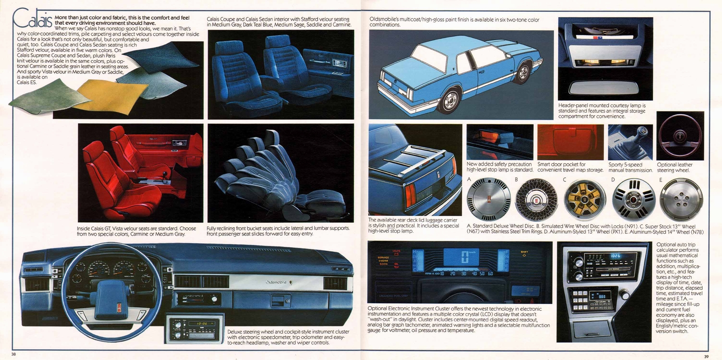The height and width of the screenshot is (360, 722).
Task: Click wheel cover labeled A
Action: pyautogui.click(x=489, y=199)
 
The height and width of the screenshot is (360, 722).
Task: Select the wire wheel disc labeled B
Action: pyautogui.click(x=537, y=199)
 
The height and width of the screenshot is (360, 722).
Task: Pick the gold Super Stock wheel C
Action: pyautogui.click(x=586, y=199)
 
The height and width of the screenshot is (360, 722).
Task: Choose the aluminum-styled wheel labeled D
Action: pyautogui.click(x=634, y=199)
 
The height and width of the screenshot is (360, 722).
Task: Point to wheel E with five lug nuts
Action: pyautogui.click(x=681, y=199)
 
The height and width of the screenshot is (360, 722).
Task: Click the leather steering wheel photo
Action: pyautogui.click(x=680, y=136)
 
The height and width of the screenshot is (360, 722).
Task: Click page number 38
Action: pyautogui.click(x=14, y=354)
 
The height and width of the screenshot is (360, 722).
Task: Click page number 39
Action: pyautogui.click(x=706, y=356)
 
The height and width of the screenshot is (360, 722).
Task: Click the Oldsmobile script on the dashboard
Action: pyautogui.click(x=276, y=282)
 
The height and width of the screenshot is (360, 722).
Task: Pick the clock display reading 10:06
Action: pyautogui.click(x=201, y=323)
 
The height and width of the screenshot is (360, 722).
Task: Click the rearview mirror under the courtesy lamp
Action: pyautogui.click(x=598, y=87)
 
